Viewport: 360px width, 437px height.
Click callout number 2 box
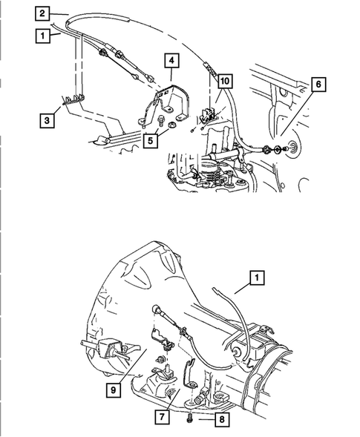point(43,13)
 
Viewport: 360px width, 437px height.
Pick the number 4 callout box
point(170,61)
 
